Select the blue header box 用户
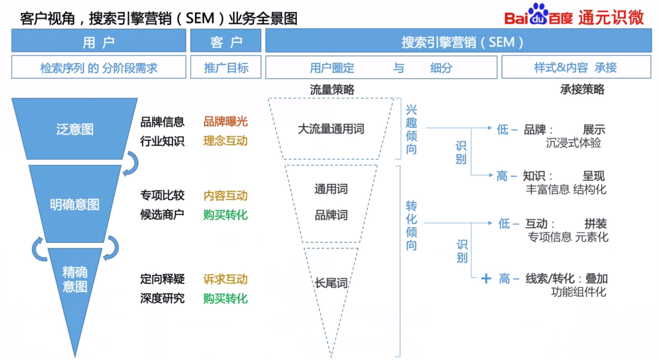coord(99,41)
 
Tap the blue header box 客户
coord(225,41)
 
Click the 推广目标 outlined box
coord(225,68)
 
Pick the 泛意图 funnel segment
coord(75,129)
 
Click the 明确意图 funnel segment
coord(75,204)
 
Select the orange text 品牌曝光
coord(225,122)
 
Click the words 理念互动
coord(225,141)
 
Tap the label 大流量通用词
coord(331,129)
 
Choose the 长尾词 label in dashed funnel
coord(331,283)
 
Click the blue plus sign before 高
coord(486,278)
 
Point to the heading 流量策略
coord(332,90)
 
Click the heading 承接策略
coord(582,89)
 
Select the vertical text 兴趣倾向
coord(411,130)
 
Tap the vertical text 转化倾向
coord(411,225)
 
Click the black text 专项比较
coord(162,196)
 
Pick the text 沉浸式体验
coord(573,143)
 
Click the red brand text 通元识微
coord(611,18)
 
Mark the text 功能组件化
coord(578,292)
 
